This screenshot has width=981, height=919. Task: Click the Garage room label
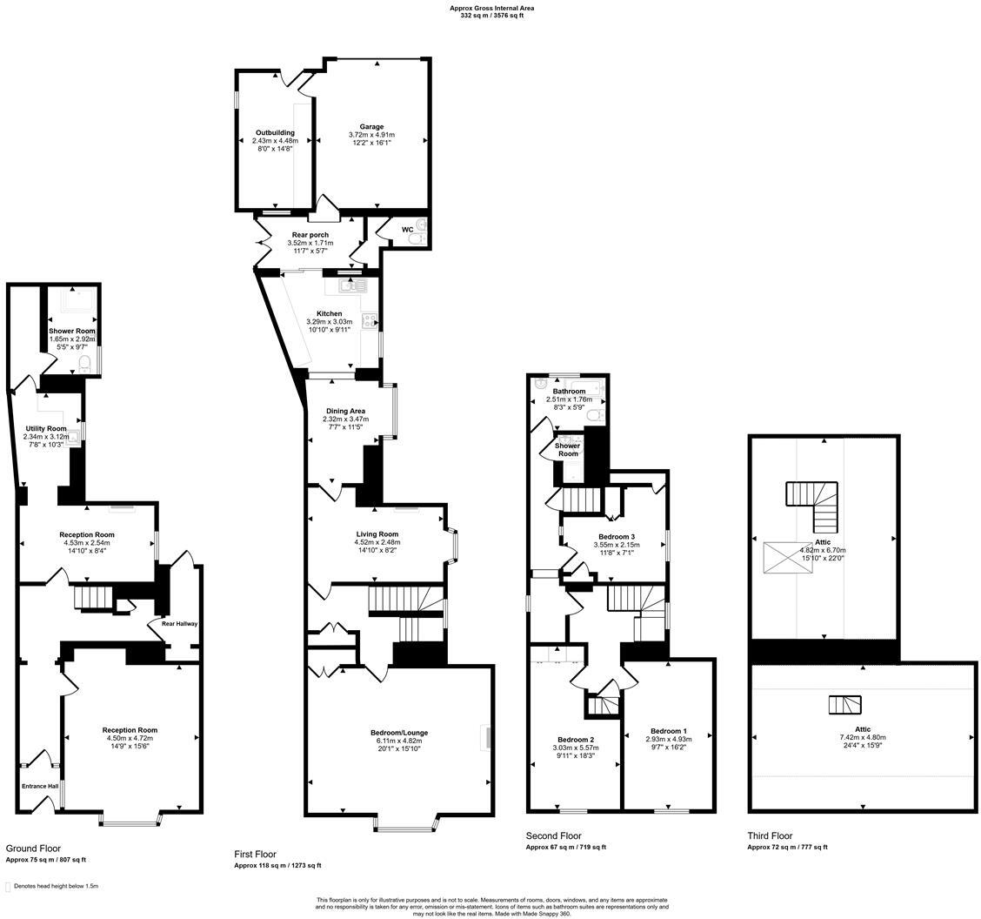(x=371, y=126)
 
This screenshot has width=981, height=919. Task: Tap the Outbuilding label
(x=275, y=133)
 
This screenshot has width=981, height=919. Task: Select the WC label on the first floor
(x=407, y=230)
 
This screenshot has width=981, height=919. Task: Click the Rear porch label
(x=310, y=235)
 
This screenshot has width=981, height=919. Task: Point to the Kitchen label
(x=329, y=313)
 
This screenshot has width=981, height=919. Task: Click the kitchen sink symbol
(x=353, y=286)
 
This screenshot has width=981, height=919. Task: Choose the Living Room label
(x=377, y=534)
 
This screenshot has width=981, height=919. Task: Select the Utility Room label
(x=46, y=428)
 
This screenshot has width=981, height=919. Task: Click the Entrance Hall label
(x=40, y=786)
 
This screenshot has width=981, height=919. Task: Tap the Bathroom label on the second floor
(x=569, y=392)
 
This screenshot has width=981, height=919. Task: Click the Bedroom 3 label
(x=617, y=536)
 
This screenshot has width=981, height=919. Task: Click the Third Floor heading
(x=771, y=835)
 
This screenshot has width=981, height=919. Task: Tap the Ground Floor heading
(x=33, y=849)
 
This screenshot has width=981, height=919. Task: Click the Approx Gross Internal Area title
(x=491, y=8)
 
